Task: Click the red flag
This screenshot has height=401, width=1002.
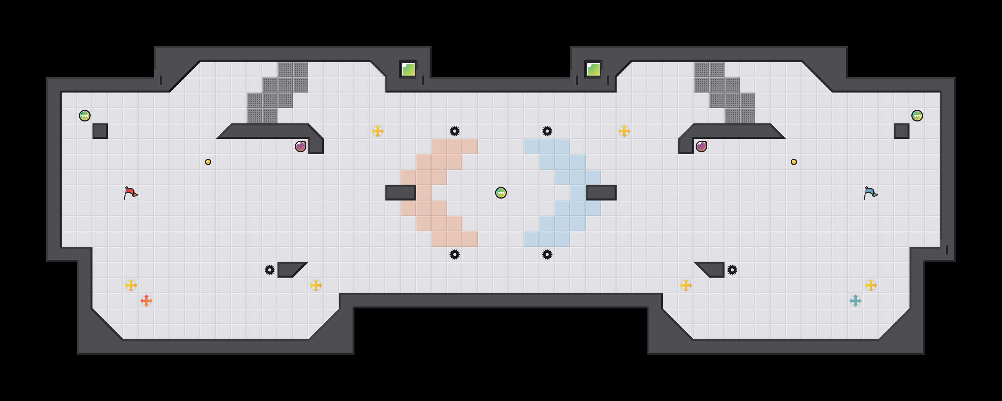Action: coord(130,193)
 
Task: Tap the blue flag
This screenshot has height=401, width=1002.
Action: coord(870,193)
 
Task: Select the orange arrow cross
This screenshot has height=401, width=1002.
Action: coord(146,300)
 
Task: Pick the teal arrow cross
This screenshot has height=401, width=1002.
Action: coord(855,300)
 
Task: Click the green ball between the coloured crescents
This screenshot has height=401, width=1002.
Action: coord(501,193)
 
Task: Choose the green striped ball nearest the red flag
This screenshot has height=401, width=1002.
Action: coord(85,116)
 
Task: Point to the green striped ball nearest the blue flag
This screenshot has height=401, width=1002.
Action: coord(917,116)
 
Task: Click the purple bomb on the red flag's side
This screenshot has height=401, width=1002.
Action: coord(300,147)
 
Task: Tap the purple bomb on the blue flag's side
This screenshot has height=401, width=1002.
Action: coord(701,147)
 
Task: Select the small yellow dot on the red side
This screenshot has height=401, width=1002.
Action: coord(208,162)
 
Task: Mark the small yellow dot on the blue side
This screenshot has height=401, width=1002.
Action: coord(794,162)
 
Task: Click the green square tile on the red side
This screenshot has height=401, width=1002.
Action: coord(408,70)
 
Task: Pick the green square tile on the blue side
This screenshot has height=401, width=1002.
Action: coord(593,70)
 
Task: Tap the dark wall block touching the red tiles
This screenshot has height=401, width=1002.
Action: coord(400,193)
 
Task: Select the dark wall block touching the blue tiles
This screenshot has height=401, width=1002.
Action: coord(601,193)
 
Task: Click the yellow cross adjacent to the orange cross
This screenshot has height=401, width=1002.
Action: coord(131,285)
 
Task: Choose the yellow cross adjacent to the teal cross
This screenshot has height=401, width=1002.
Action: coord(871,285)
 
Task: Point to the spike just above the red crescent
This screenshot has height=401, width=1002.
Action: coord(454,131)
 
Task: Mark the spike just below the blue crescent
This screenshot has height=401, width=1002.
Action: coord(547,254)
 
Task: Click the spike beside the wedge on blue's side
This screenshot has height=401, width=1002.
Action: coord(732,270)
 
